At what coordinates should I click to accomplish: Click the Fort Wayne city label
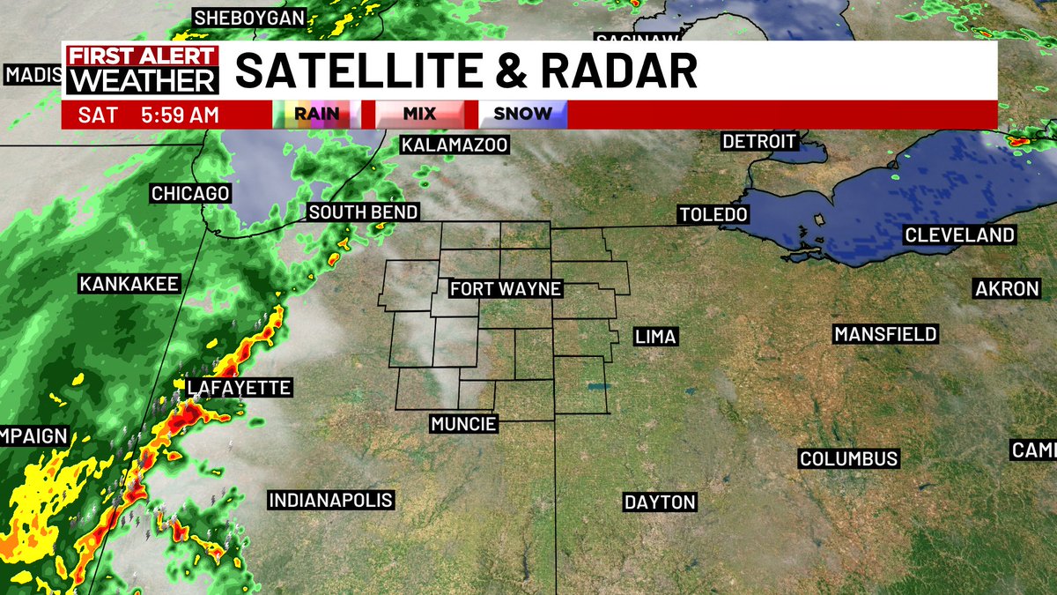(506, 289)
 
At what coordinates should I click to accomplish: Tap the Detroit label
(759, 141)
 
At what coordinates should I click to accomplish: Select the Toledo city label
(713, 214)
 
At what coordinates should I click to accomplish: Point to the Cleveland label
(960, 235)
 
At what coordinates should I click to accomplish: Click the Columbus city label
(848, 458)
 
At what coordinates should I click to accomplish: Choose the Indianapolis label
(330, 501)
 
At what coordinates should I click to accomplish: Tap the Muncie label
(464, 424)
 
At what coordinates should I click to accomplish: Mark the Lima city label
(655, 337)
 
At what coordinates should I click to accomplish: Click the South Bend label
(363, 212)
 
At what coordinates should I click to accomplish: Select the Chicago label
(190, 193)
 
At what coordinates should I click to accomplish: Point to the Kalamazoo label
(455, 145)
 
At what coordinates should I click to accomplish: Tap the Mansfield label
(885, 334)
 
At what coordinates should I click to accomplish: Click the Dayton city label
(660, 502)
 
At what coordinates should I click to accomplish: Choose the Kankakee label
(129, 284)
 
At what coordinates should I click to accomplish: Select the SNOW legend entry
(523, 114)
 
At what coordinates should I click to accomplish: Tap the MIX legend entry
(420, 114)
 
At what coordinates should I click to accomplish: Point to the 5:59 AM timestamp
(180, 115)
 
